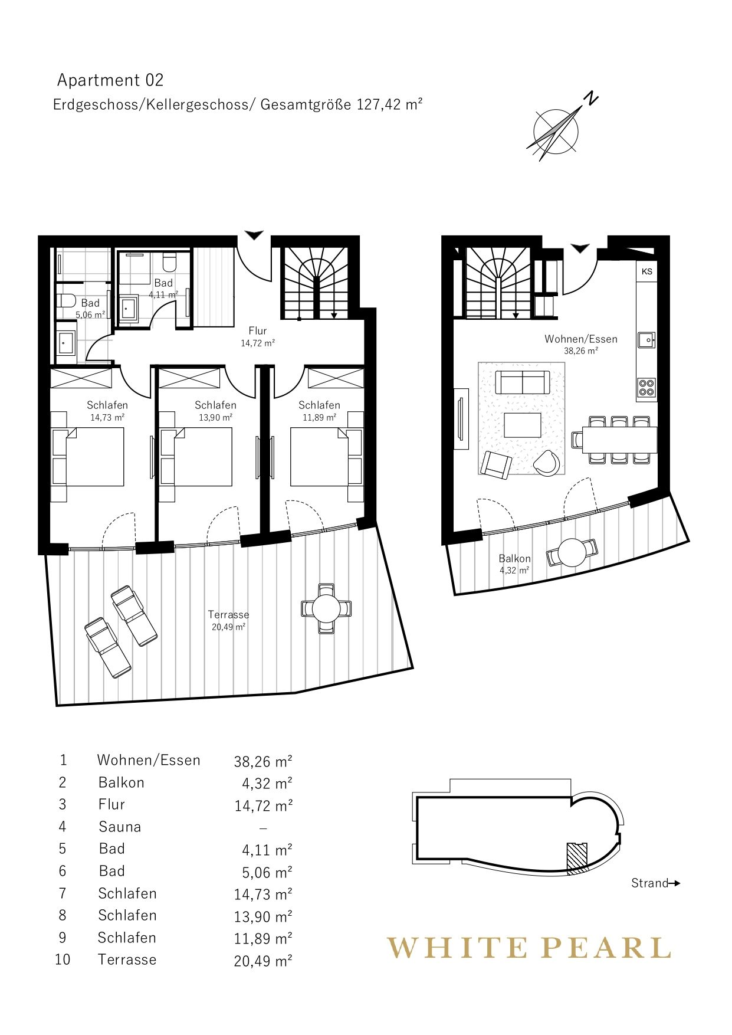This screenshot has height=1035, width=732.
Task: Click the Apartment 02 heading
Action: point(110,80)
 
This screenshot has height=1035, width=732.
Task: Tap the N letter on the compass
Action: point(590,99)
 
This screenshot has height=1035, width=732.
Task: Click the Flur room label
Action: point(258,331)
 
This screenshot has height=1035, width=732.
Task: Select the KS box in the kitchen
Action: point(647,271)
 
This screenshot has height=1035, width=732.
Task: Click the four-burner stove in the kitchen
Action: point(647,388)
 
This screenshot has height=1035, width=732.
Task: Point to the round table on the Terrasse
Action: point(326,608)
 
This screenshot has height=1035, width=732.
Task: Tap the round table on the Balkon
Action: point(572,553)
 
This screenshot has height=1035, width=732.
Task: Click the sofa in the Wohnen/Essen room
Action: point(522,382)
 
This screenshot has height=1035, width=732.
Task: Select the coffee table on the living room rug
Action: point(523,425)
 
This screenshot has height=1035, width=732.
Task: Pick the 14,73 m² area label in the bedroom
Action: point(107,417)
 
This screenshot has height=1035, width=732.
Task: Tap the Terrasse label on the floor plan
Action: point(229,615)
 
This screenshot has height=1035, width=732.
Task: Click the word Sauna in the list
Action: point(120,827)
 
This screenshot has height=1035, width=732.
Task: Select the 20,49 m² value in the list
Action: point(263,961)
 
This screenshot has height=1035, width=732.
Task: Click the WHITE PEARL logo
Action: point(529,948)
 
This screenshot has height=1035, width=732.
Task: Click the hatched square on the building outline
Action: point(577,857)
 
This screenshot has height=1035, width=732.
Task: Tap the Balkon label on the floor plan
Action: point(515,558)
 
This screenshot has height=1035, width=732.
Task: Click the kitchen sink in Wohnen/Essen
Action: point(647,340)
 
